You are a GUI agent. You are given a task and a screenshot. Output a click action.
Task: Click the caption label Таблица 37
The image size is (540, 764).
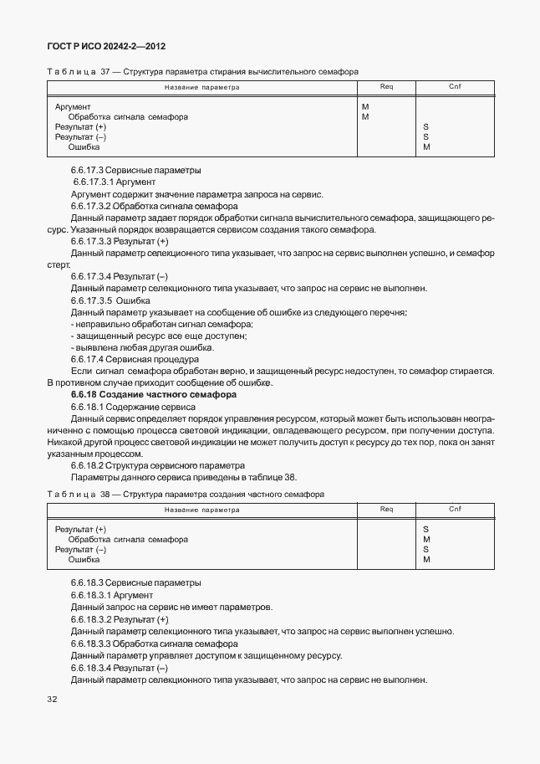(82, 73)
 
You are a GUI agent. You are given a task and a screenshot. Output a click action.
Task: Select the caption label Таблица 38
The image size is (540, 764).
(82, 495)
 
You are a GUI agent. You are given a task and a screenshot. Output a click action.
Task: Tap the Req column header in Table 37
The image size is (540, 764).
(386, 87)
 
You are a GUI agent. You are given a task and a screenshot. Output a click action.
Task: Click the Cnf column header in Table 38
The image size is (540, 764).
(455, 509)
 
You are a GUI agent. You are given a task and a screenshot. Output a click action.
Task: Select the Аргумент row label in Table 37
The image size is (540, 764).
(73, 107)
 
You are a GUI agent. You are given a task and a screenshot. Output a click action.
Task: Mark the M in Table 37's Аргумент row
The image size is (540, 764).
(365, 107)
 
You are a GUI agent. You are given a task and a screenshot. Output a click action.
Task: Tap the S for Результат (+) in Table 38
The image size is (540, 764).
(425, 530)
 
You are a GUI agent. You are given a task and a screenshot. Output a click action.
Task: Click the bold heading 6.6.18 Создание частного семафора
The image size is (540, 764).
(154, 394)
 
